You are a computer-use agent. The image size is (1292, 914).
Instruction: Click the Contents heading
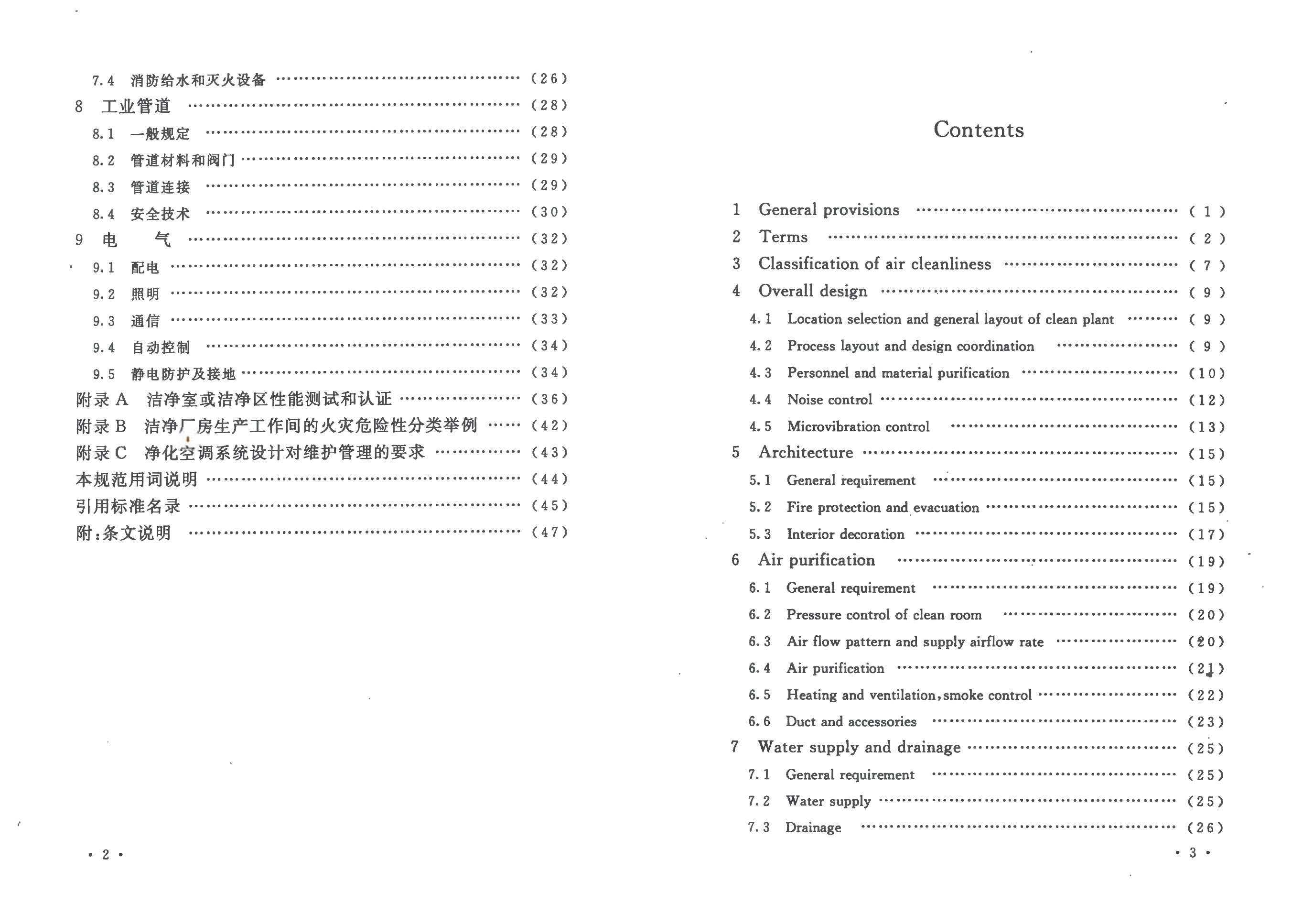coord(979,130)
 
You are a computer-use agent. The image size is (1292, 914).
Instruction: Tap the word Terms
coord(783,237)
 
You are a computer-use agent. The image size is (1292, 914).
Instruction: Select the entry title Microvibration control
coord(858,426)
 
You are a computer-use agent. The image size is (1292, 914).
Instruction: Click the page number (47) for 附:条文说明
coord(549,533)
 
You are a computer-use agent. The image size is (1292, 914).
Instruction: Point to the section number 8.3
coord(104,187)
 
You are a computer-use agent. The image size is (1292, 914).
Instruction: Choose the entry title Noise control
coord(829,400)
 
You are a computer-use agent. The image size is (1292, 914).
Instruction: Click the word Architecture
coord(805,453)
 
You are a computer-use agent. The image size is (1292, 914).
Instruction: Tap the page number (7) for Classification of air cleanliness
coord(1207,266)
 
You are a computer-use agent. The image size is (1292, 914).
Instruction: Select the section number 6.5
coord(759,695)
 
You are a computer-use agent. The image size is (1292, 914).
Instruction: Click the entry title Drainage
coord(813,828)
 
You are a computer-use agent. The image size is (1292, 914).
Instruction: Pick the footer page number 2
coord(105,855)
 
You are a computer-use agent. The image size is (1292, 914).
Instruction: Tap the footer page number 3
coord(1193,853)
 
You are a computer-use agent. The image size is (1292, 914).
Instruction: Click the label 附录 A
coord(102,400)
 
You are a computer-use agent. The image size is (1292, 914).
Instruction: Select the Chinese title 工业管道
coord(136,106)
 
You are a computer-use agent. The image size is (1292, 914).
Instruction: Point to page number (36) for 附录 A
coord(549,399)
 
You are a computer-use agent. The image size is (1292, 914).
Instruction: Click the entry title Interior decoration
coord(845,534)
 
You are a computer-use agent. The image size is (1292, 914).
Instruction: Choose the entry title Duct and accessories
coord(851,721)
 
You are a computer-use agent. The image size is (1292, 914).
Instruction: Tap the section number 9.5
coord(104,374)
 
